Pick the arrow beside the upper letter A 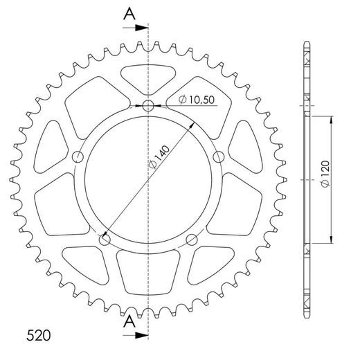139,28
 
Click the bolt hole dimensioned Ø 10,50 147,107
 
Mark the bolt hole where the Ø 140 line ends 105,240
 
